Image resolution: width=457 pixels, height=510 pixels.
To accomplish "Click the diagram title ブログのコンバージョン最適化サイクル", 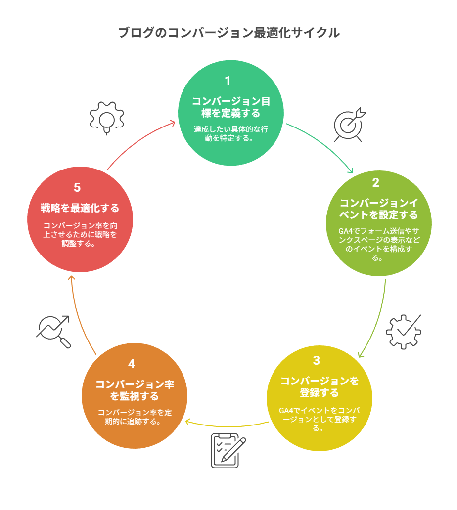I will (x=229, y=33).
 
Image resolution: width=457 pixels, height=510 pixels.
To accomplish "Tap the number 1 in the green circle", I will (x=228, y=81).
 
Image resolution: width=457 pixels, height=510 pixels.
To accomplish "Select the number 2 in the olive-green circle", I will (x=375, y=182).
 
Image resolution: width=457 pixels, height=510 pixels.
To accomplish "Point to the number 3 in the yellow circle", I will (x=317, y=361).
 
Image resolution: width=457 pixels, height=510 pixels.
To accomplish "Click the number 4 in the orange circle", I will (x=132, y=364).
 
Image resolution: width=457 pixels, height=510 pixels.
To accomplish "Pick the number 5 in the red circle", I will (x=77, y=188).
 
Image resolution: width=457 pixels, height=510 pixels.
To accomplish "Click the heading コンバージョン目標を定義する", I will (x=230, y=107).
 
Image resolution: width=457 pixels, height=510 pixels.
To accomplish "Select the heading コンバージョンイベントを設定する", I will (x=379, y=209).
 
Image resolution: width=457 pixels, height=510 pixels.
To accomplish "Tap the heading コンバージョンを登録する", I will (x=320, y=387).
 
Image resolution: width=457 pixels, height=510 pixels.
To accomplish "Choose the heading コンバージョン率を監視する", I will (x=135, y=390).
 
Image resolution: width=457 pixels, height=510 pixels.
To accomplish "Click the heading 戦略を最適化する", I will (x=80, y=208).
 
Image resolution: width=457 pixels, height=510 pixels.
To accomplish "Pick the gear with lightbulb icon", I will (x=106, y=118).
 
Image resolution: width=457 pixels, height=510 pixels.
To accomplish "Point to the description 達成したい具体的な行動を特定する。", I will (x=230, y=133).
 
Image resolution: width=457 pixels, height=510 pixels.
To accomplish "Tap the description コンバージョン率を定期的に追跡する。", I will (x=135, y=417).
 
